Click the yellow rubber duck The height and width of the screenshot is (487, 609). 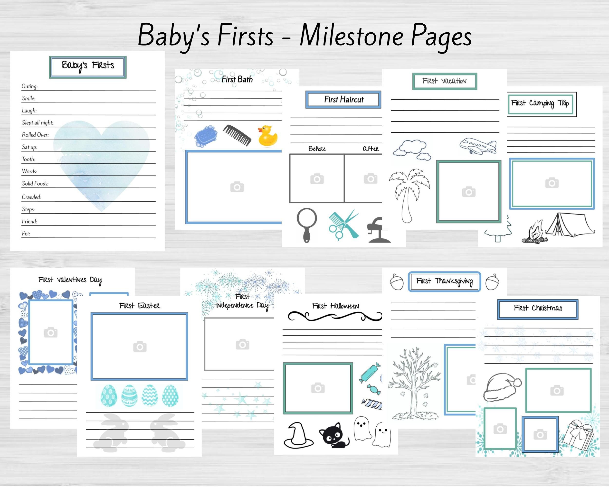267,136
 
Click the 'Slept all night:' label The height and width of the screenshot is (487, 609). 38,122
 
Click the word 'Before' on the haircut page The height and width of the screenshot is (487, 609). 317,149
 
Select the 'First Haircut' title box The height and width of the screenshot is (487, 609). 343,100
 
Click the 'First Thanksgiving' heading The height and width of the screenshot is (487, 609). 444,281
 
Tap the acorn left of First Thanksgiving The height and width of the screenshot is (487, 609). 397,282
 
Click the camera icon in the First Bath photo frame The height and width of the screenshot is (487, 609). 237,187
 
